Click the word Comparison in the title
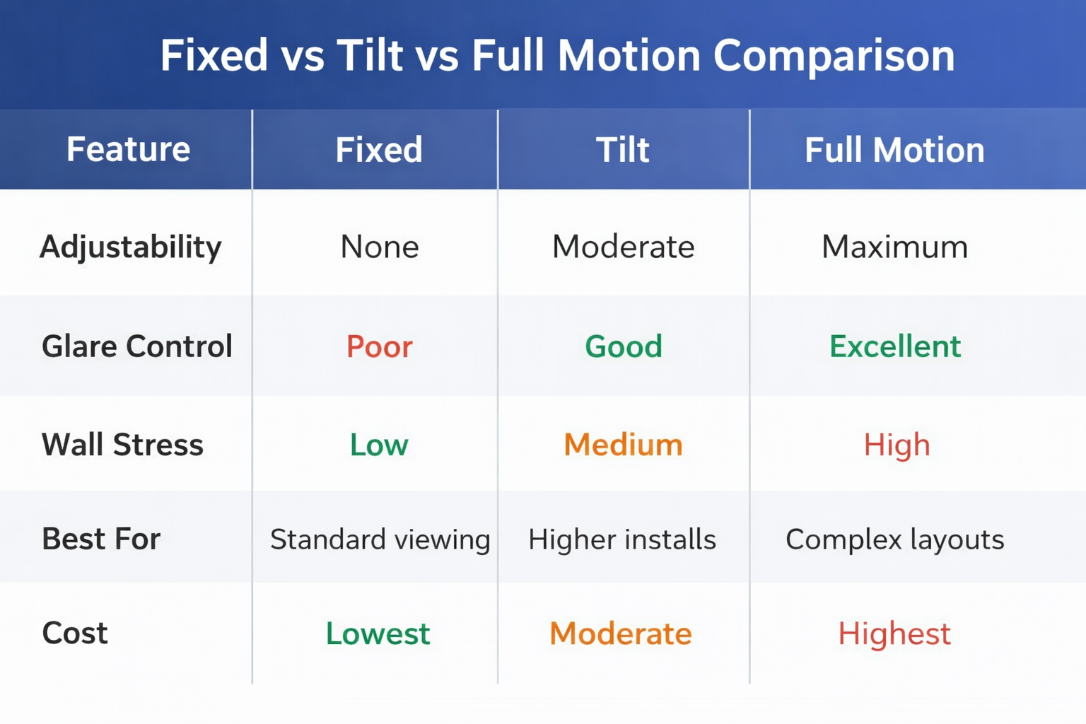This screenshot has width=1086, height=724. [834, 56]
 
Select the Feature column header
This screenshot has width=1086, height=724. [128, 150]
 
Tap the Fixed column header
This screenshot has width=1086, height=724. [379, 150]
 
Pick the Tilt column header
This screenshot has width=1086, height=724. [622, 150]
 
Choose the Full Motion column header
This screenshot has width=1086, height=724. [894, 150]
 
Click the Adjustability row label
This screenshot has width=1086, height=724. [131, 247]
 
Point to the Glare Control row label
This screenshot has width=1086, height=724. [136, 346]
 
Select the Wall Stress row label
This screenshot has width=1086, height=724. [122, 445]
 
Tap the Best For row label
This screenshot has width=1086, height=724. [101, 539]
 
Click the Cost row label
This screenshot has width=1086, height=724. [75, 633]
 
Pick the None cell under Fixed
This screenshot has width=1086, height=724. [380, 247]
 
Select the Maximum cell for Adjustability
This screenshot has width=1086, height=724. [894, 247]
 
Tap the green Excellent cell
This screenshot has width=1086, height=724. [895, 346]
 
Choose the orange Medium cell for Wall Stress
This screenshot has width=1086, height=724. [623, 445]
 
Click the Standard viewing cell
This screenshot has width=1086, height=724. [380, 539]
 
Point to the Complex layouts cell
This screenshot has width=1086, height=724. [894, 539]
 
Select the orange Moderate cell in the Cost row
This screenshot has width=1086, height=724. [620, 633]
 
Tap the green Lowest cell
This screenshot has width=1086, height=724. [378, 633]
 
